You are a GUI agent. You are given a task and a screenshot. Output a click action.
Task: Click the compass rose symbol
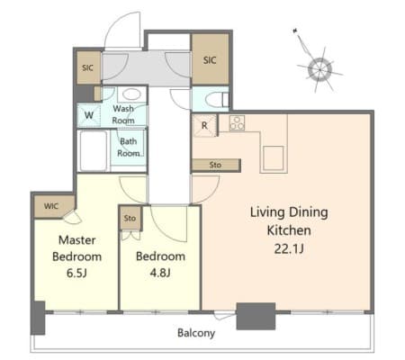pos(319,69)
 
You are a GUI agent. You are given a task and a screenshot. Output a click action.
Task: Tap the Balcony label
pos(196,333)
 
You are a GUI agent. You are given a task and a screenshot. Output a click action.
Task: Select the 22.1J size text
pos(289,248)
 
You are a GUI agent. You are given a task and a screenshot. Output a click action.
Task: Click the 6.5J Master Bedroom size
pos(76,273)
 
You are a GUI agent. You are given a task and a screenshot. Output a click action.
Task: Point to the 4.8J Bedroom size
pos(160,273)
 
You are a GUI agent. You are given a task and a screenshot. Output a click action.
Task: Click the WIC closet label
pos(51,206)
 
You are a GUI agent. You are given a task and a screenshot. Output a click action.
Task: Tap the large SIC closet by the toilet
pos(210,59)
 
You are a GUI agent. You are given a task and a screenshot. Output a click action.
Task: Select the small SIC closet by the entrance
pos(88,67)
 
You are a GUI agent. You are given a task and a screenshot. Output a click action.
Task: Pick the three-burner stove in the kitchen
pos(237,123)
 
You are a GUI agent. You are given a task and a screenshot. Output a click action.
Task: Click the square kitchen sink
pos(274,158)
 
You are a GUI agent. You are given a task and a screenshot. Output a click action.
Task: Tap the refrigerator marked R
pos(204,126)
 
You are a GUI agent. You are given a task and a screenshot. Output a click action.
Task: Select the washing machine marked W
pos(89,115)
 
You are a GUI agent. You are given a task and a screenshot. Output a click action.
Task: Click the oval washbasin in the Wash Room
pos(131,94)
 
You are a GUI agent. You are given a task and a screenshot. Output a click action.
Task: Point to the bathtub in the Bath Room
pos(94,151)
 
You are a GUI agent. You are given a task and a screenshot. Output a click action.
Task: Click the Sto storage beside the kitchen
pos(216,165)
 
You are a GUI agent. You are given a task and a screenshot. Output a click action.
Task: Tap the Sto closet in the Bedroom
pos(130,218)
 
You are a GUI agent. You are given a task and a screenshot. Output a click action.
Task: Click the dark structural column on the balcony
pos(256,316)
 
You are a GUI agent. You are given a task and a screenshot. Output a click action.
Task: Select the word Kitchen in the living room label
pos(289,230)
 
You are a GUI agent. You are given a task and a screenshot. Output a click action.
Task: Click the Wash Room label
pos(123,114)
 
